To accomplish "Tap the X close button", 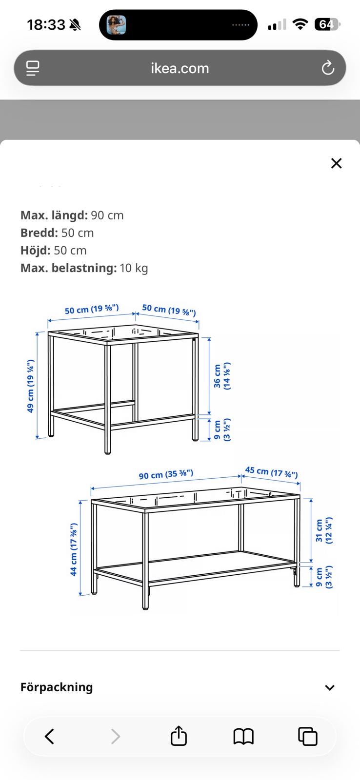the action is pyautogui.click(x=336, y=163).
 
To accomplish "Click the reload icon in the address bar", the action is pyautogui.click(x=328, y=68).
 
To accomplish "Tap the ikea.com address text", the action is pyautogui.click(x=180, y=68).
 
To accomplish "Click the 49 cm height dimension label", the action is pyautogui.click(x=31, y=386).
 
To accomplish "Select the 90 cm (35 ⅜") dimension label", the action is pyautogui.click(x=166, y=474).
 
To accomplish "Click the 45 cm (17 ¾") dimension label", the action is pyautogui.click(x=272, y=472).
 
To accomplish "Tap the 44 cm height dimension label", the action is pyautogui.click(x=74, y=549).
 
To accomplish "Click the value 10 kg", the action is pyautogui.click(x=134, y=268).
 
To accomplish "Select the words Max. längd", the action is pyautogui.click(x=54, y=215).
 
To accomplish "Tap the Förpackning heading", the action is pyautogui.click(x=57, y=687).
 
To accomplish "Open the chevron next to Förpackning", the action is pyautogui.click(x=330, y=687).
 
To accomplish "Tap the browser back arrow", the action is pyautogui.click(x=49, y=736).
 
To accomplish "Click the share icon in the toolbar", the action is pyautogui.click(x=179, y=736).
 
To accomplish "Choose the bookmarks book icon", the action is pyautogui.click(x=243, y=737).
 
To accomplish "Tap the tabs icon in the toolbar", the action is pyautogui.click(x=308, y=736).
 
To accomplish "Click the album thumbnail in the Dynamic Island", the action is pyautogui.click(x=116, y=25).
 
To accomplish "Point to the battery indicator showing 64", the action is pyautogui.click(x=327, y=24).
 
